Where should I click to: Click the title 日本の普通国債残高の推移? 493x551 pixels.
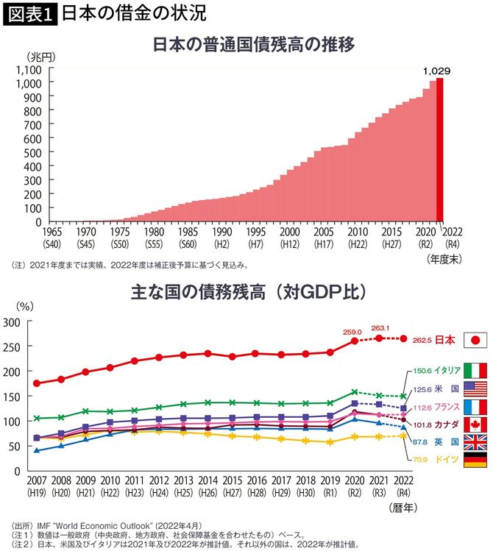[x=253, y=44]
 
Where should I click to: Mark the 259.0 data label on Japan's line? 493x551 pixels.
[x=355, y=332]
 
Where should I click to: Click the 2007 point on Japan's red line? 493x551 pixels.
[x=37, y=383]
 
